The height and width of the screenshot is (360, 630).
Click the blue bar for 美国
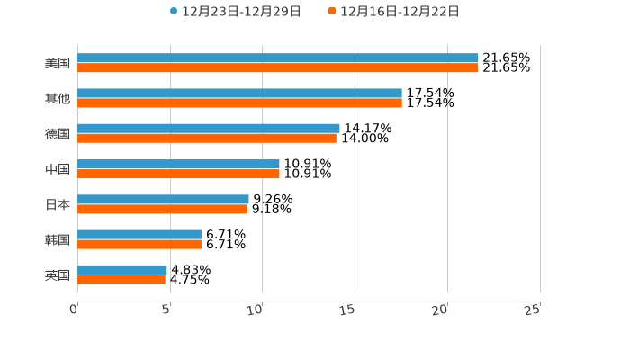(x=277, y=58)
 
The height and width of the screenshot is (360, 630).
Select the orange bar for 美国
(x=277, y=68)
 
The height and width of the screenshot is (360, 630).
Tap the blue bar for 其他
(x=239, y=94)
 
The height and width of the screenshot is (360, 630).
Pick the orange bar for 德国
(x=207, y=139)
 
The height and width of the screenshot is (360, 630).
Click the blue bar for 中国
(x=178, y=164)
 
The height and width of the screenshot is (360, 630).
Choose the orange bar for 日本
(x=162, y=209)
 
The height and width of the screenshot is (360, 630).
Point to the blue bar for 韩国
(x=139, y=234)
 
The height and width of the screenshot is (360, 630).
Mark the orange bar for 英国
(x=121, y=280)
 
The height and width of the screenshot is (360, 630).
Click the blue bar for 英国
(x=122, y=269)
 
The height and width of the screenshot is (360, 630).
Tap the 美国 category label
(x=58, y=64)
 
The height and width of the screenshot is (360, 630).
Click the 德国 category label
(x=58, y=134)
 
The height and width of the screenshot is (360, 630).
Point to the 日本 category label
(x=58, y=204)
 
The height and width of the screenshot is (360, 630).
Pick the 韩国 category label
(x=58, y=239)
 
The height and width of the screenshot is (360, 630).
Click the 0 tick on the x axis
(x=75, y=310)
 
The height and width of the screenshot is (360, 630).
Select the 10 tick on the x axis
(x=257, y=310)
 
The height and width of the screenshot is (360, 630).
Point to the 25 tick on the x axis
(x=534, y=310)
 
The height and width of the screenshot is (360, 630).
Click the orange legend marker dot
(x=332, y=12)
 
